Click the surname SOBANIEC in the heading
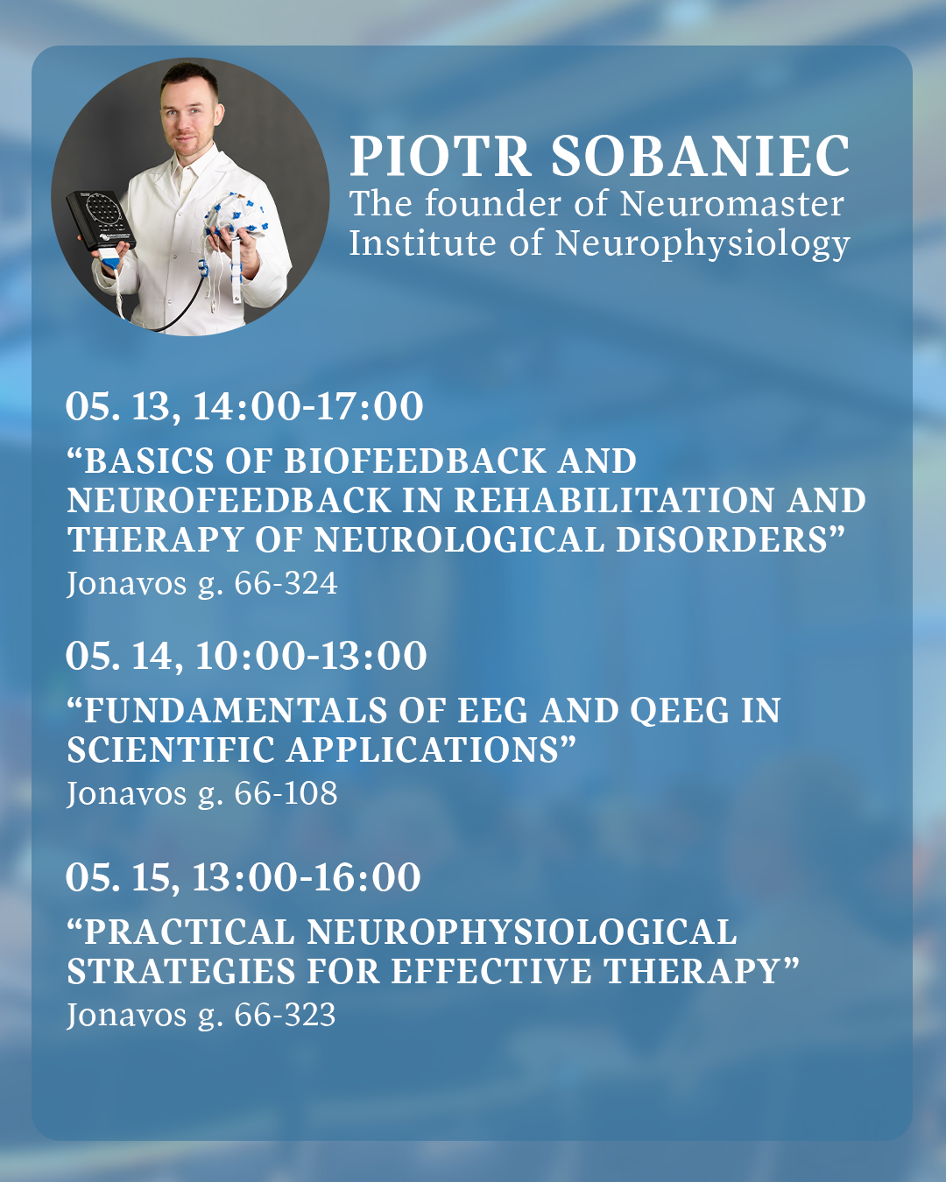700,156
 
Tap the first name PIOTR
441,157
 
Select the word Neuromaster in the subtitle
731,204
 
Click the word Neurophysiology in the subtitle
702,243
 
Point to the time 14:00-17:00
307,406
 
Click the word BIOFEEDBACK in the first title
414,461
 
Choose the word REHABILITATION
613,500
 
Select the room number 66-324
286,583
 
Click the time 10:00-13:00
311,655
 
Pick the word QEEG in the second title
680,711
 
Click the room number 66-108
286,793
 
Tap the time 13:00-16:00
307,876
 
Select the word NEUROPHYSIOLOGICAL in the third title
522,932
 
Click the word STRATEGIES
181,971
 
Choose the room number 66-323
285,1015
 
